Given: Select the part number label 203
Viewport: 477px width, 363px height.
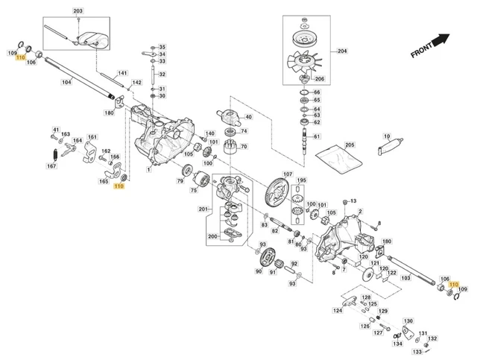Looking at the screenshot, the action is [78, 11].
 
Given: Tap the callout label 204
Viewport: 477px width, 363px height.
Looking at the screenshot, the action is [342, 51].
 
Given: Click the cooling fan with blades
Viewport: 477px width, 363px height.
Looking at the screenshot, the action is [305, 63].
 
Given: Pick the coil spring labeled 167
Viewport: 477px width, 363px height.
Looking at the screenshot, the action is [55, 155].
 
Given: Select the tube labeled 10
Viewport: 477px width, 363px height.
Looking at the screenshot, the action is [391, 146].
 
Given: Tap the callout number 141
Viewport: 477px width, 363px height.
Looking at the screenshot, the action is [122, 73].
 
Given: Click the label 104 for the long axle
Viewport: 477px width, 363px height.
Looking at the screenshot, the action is [66, 82].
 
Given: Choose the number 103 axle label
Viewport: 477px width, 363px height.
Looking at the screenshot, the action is [405, 278].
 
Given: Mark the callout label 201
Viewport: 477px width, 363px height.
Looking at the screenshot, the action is [203, 209].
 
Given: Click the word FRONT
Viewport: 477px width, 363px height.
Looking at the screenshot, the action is [421, 51].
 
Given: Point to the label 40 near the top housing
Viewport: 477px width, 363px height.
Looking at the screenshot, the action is [248, 117].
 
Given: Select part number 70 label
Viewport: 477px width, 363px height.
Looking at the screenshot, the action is [244, 146].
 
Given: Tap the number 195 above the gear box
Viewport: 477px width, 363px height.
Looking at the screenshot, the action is [301, 180].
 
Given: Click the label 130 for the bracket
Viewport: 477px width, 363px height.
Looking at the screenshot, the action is [408, 321].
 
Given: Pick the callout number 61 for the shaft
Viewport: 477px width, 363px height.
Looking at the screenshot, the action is [317, 136].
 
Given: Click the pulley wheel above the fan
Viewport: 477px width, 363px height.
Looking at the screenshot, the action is [305, 38].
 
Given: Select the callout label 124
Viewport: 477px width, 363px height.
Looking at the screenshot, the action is [338, 310].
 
